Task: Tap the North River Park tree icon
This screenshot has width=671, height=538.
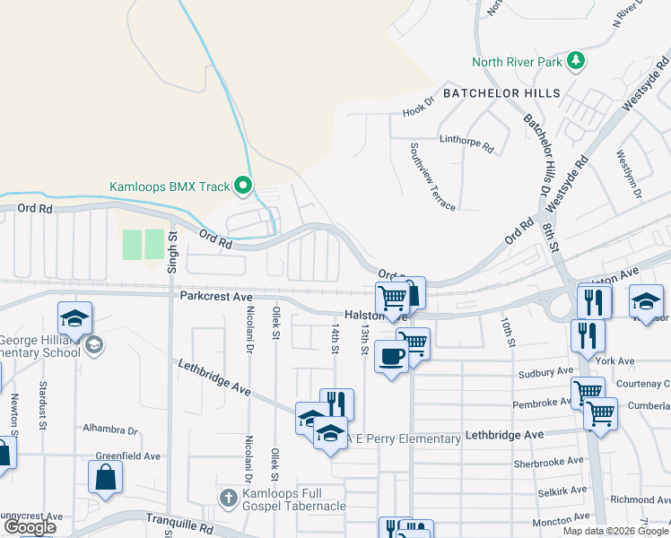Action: tap(575, 62)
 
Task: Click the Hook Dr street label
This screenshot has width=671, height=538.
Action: tap(418, 111)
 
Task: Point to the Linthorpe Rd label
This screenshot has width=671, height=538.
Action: tap(466, 142)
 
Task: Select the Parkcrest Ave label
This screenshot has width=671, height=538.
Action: tap(217, 296)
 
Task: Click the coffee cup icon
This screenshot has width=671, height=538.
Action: tap(390, 356)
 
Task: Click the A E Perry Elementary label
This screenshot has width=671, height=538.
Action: tap(408, 438)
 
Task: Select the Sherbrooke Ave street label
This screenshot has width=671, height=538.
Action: tap(544, 464)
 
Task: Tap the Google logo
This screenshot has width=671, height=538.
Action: tap(30, 527)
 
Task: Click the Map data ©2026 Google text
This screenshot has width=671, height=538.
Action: tap(614, 531)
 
